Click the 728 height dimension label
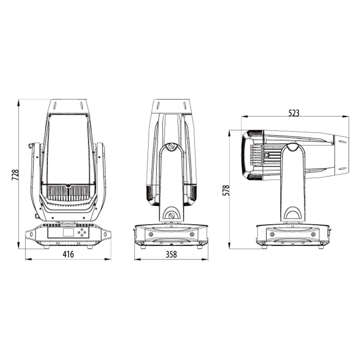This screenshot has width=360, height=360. coord(15,175)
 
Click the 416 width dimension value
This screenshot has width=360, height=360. coord(68,254)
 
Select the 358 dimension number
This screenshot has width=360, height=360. coord(171,254)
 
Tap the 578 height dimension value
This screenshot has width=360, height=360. coord(226,190)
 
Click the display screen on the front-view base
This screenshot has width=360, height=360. coord(68,232)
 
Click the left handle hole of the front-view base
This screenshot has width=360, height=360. coord(31,234)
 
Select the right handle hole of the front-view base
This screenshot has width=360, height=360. coord(105,234)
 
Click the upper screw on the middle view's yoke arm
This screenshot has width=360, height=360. coord(171,146)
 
